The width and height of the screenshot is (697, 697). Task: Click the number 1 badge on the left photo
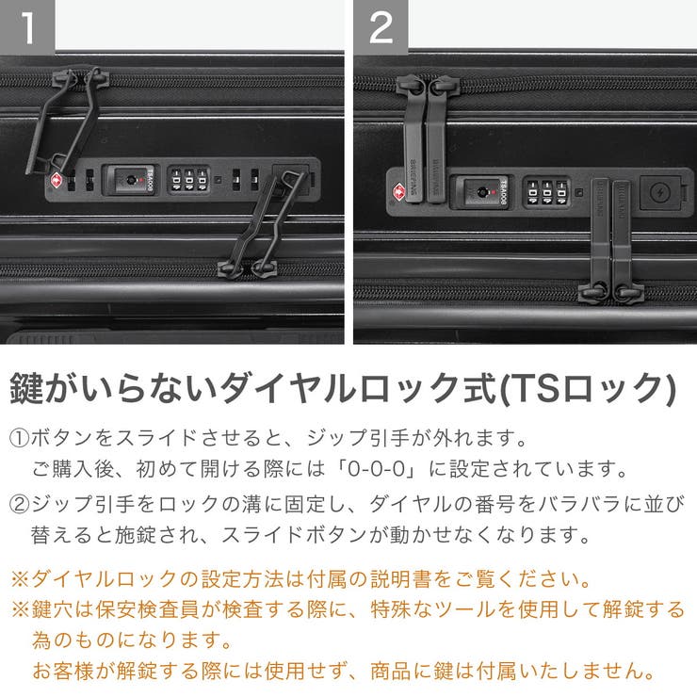[x=27, y=26]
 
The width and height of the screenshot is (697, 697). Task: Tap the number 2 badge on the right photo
[x=381, y=26]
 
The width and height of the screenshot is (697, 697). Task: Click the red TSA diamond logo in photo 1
[x=57, y=180]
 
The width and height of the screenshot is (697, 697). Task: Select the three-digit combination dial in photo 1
[x=187, y=179]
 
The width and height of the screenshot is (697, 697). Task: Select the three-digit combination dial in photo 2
[x=546, y=193]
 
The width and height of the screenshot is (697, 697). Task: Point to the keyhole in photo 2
[x=481, y=192]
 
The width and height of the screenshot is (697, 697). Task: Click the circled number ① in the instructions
[x=20, y=439]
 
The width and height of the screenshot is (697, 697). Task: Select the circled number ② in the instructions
[x=20, y=504]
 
